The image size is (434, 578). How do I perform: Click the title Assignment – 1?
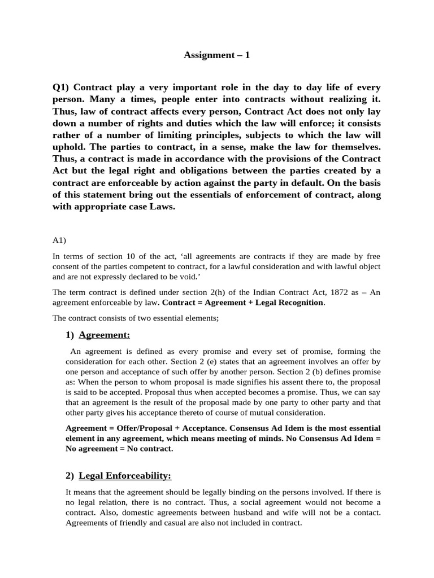(x=217, y=55)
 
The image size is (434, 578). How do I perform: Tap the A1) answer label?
(x=59, y=240)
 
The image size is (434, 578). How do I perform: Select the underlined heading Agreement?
(x=104, y=335)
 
